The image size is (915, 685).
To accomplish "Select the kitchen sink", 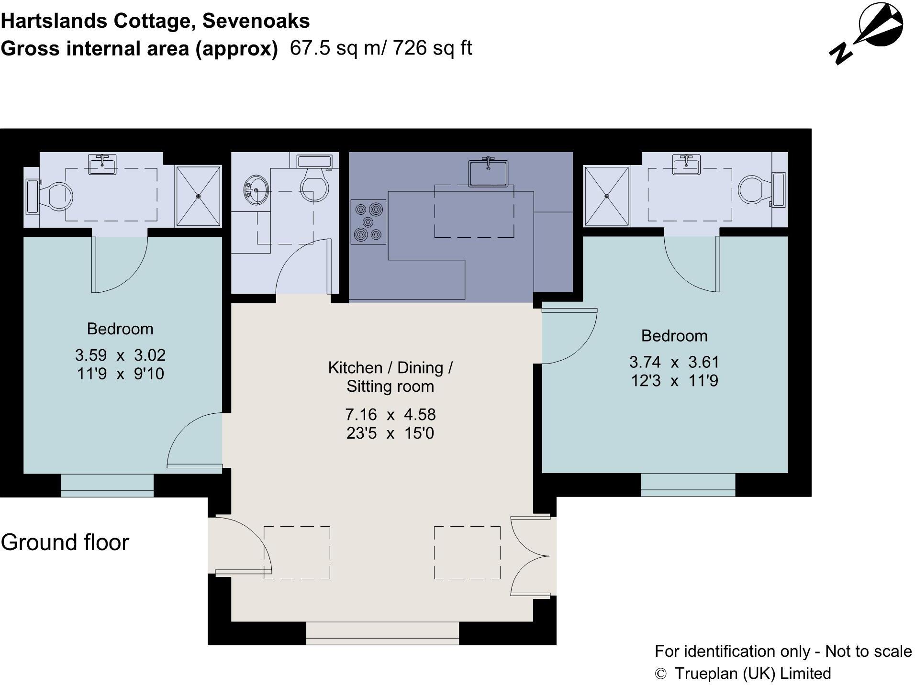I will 488,172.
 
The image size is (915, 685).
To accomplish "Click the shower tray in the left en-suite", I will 198,196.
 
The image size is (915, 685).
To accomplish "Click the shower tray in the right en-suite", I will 606,196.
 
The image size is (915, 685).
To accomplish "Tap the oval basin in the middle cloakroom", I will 256,190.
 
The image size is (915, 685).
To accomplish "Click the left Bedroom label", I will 120,329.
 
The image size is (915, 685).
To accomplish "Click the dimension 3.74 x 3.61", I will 674,362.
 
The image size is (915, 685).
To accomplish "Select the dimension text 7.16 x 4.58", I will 390,414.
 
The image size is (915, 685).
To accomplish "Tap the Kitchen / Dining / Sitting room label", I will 390,377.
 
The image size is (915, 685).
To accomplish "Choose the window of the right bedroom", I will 687,485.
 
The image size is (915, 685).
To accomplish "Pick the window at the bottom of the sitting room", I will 382,632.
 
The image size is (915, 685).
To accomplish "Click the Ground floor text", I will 65,542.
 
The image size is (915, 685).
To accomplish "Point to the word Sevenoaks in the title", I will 256,21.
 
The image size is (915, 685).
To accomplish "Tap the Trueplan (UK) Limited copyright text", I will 752,674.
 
